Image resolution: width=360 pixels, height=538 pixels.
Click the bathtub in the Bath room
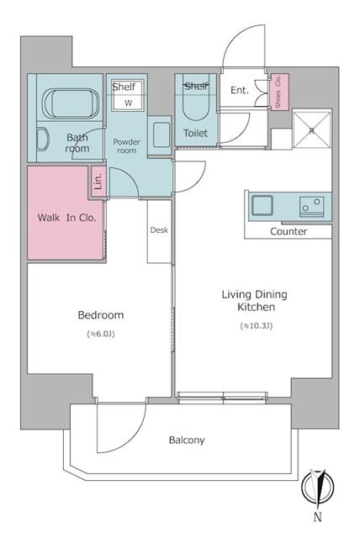coord(71,103)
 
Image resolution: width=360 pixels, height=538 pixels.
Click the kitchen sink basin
coord(262,205)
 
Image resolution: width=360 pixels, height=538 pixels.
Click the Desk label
coord(159,229)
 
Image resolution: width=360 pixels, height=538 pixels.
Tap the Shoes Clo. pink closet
coord(280,92)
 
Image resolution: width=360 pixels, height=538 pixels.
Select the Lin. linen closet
coord(98,182)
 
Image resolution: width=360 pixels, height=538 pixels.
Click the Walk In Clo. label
coord(67,218)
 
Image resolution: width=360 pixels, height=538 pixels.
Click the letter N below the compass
coord(317,517)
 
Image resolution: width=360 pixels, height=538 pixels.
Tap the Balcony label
coord(187,440)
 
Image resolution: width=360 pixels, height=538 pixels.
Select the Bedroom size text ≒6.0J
coord(101,334)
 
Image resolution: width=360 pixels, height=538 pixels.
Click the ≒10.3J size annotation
coord(257,325)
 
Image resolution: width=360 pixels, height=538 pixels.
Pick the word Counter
coord(289,231)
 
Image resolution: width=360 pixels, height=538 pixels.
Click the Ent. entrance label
coord(239,90)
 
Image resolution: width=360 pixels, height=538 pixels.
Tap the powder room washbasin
coord(161,134)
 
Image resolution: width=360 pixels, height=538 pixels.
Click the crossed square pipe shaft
coord(311,130)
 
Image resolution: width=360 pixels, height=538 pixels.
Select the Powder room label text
coord(127,146)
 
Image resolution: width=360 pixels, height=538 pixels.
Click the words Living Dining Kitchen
coord(255,300)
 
